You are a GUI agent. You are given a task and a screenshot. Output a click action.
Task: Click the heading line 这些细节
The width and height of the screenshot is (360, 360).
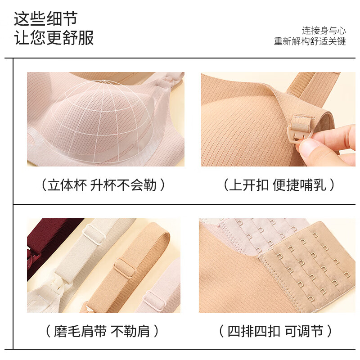tap(45, 19)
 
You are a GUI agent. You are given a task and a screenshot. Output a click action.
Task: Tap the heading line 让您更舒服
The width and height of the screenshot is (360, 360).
tap(54, 38)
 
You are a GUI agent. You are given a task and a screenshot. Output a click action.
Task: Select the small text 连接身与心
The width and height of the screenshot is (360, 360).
tap(324, 31)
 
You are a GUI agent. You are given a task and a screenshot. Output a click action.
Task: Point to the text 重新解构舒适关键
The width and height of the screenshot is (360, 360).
tap(310, 41)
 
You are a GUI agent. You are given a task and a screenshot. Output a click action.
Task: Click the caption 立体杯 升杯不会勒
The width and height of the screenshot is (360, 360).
tap(103, 185)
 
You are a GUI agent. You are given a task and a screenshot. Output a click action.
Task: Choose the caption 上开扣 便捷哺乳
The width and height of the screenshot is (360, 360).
tap(279, 185)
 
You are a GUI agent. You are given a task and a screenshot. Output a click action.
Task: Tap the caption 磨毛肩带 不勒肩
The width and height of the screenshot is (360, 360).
tap(102, 332)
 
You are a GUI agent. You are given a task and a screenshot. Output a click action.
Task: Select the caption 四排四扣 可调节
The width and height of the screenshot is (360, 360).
tap(275, 332)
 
